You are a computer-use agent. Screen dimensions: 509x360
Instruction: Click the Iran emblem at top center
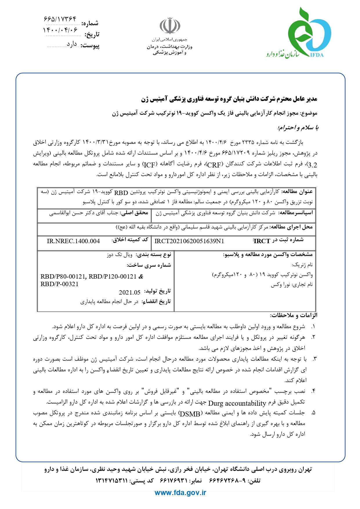(x=170, y=26)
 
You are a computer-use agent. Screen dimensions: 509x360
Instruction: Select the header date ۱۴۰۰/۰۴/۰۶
(x=60, y=30)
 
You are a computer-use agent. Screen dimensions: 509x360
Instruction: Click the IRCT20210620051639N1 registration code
(x=189, y=241)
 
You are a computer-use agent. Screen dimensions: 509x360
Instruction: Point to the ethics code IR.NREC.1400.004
(x=73, y=241)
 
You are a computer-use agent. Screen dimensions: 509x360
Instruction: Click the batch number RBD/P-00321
(x=59, y=284)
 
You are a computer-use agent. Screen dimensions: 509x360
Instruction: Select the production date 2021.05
(x=129, y=292)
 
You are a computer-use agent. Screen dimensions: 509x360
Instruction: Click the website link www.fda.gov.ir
(x=180, y=492)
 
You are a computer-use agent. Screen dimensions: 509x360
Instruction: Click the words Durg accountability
(x=237, y=403)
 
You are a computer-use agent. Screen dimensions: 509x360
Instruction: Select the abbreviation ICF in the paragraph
(x=149, y=165)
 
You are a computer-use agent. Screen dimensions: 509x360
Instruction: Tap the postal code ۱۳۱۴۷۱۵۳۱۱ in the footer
(x=111, y=481)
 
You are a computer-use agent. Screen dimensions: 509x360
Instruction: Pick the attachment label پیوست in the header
(x=90, y=46)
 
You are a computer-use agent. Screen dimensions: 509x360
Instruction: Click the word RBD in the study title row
(x=121, y=193)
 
